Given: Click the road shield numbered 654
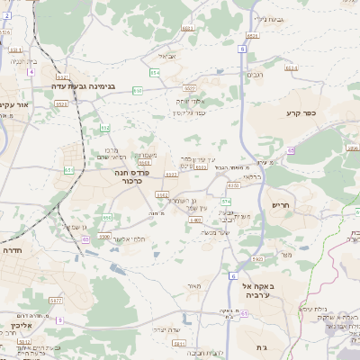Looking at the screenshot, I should click(155, 71).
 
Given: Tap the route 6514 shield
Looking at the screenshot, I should click(290, 67).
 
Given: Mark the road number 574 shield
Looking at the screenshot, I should click(226, 201).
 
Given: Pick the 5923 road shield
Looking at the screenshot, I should click(257, 259).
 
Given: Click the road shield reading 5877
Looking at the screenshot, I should click(56, 301).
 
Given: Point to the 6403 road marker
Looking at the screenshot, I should click(195, 220).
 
